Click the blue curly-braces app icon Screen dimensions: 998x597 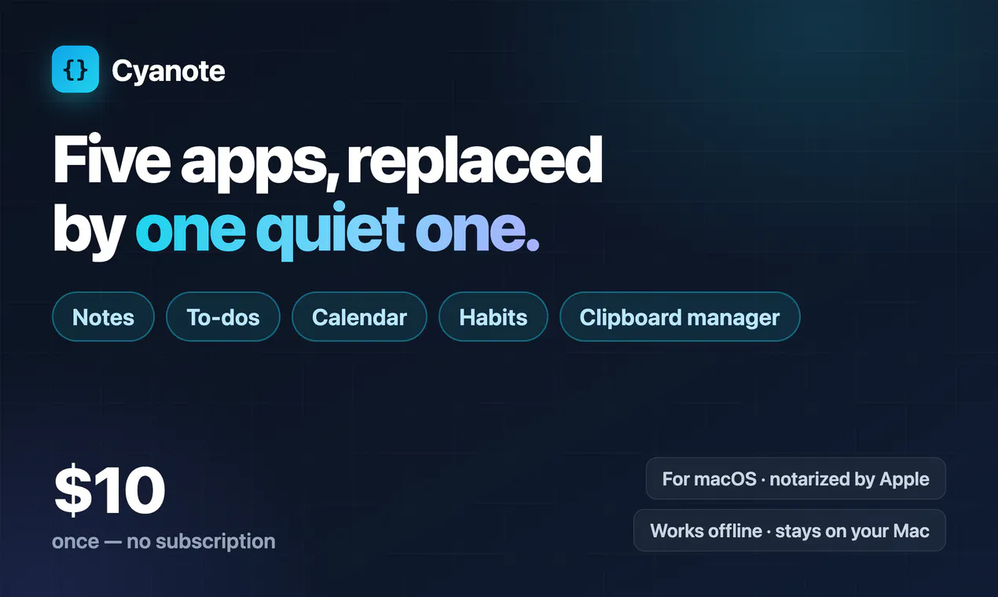click(x=75, y=69)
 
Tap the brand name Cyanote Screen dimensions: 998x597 click(x=168, y=71)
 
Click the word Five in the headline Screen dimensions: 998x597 click(x=112, y=159)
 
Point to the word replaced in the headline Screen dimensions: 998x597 click(x=475, y=163)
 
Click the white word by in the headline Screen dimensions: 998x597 click(x=89, y=232)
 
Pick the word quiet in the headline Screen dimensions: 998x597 click(x=330, y=231)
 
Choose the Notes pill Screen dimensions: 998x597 click(x=104, y=317)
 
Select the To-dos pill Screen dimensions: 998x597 click(x=223, y=317)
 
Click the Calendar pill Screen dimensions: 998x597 click(x=360, y=317)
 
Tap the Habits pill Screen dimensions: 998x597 click(x=493, y=317)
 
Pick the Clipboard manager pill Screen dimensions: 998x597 click(x=680, y=317)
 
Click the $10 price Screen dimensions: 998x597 click(x=109, y=490)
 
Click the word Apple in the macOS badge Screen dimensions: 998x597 click(x=905, y=480)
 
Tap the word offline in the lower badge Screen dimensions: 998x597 click(x=735, y=530)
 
